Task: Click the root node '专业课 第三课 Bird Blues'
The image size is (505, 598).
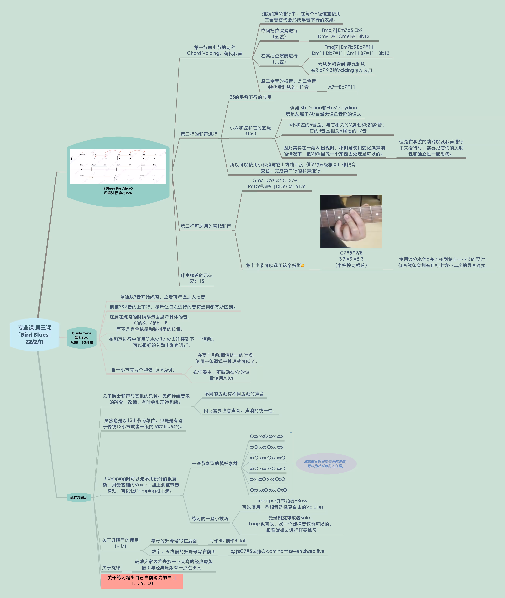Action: (x=34, y=335)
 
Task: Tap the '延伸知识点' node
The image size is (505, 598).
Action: (x=79, y=497)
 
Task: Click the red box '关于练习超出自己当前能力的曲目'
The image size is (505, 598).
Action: (x=142, y=581)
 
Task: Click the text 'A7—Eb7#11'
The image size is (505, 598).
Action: (x=342, y=87)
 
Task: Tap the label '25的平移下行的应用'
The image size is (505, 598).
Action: (x=250, y=97)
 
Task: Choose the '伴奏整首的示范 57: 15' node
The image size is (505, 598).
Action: (x=196, y=278)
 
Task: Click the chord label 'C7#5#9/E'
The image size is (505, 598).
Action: (x=351, y=253)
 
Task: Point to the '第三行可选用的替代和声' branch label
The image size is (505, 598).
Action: (x=206, y=226)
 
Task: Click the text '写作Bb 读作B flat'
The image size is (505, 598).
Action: (x=227, y=540)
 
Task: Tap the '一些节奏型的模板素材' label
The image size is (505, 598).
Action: (x=214, y=463)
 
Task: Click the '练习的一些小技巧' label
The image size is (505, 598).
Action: (x=210, y=518)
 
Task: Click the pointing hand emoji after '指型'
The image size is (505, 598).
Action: (x=303, y=265)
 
